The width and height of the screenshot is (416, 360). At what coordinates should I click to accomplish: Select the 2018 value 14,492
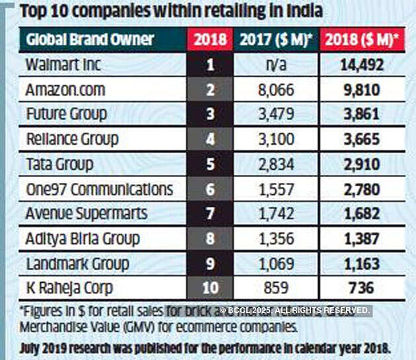363,65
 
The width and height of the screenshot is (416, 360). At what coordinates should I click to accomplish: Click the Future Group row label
66,114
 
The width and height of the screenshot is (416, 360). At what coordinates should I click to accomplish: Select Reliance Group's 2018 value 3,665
363,139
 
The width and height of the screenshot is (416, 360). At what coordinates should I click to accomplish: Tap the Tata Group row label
59,164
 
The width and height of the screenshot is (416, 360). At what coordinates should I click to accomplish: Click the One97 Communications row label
99,189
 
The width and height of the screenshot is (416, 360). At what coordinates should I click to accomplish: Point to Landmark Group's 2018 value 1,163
363,264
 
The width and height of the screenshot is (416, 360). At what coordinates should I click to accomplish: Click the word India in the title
305,11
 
